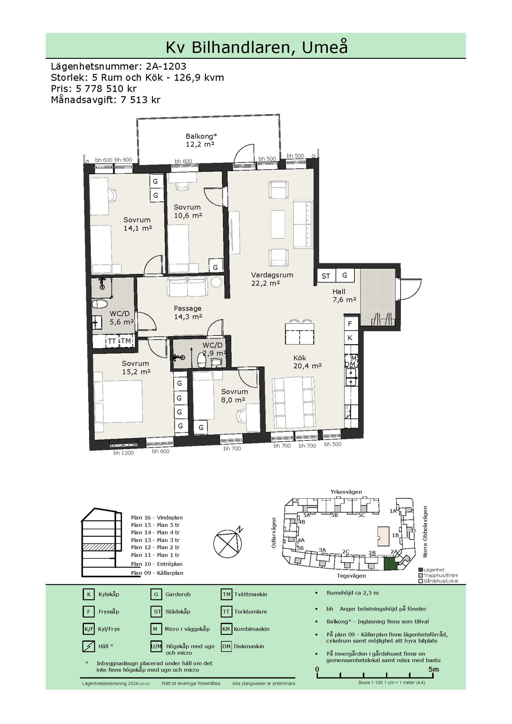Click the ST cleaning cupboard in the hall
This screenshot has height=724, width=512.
tap(326, 276)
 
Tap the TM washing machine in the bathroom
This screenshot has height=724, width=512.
tap(126, 341)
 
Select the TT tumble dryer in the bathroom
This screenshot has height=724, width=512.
tap(112, 341)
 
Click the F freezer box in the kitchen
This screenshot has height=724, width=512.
tap(350, 323)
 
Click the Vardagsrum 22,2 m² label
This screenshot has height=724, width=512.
tap(272, 279)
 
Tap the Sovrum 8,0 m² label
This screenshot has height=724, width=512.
tap(234, 396)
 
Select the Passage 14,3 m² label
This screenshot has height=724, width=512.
tap(188, 312)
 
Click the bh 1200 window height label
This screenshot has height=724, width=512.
tap(123, 453)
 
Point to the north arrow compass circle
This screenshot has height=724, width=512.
tap(228, 544)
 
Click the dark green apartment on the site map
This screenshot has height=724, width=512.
tap(391, 563)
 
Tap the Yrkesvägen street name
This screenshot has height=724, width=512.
tap(346, 492)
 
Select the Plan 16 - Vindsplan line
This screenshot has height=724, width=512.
tap(157, 518)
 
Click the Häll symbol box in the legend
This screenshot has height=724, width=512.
tap(89, 646)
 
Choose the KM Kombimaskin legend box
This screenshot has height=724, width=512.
tap(226, 629)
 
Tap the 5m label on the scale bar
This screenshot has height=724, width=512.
tap(433, 669)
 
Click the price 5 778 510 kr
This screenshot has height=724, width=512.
tap(106, 88)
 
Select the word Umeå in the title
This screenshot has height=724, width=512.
tap(325, 47)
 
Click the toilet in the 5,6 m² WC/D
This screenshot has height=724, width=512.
tap(99, 304)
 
